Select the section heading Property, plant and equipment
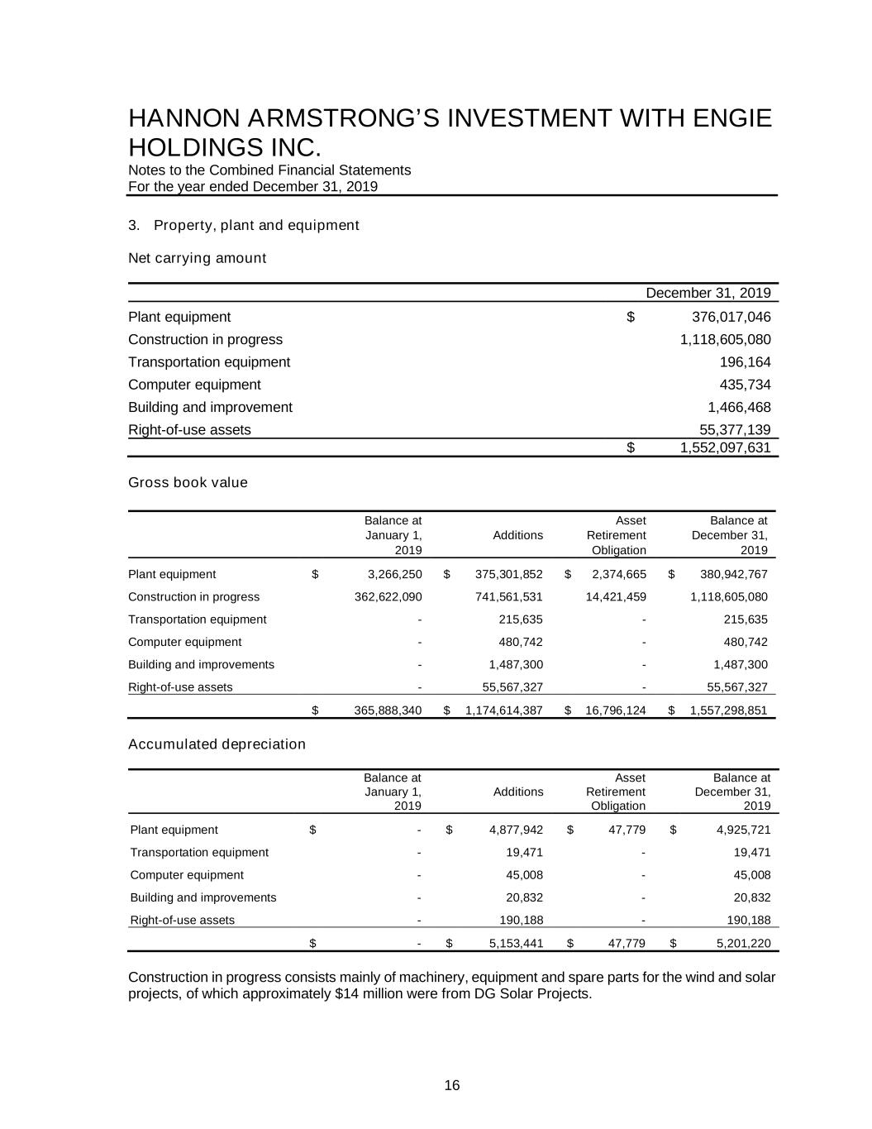(x=256, y=226)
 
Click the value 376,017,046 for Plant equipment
(x=730, y=317)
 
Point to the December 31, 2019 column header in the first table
(x=708, y=293)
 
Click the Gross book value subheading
(x=188, y=482)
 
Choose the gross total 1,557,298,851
(x=728, y=710)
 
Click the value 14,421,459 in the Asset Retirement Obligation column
(x=616, y=597)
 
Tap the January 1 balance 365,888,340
(x=388, y=710)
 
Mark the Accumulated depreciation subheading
(x=217, y=744)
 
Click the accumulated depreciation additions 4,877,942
(x=516, y=830)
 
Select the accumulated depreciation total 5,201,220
(x=743, y=943)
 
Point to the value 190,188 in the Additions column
(x=523, y=920)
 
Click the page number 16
(x=452, y=1086)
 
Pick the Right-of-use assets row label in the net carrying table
(x=189, y=430)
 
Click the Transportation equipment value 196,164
(x=745, y=362)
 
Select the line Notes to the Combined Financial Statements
(x=269, y=170)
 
